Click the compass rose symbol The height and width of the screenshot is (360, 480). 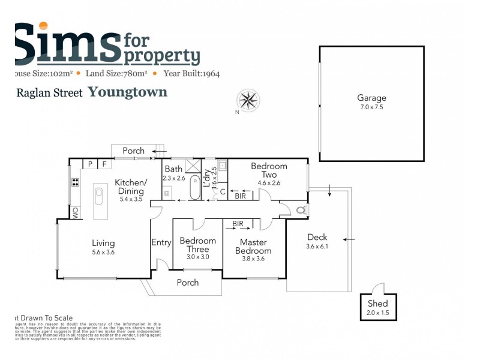click(248, 100)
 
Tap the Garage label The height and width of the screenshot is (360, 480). click(371, 98)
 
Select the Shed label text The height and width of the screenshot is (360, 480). click(378, 304)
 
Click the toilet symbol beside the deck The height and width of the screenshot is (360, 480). click(301, 210)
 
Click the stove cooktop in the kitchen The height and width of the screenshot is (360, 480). click(76, 183)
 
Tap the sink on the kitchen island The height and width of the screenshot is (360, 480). click(98, 194)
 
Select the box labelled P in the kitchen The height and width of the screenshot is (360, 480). click(89, 163)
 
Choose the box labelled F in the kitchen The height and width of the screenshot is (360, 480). click(104, 163)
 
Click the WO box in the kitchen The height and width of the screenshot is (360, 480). click(76, 212)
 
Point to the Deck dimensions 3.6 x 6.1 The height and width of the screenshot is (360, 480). click(317, 246)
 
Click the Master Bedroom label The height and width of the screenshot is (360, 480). click(253, 247)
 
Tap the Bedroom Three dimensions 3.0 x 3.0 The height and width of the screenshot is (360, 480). click(197, 257)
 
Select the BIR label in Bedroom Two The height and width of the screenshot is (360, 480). click(240, 196)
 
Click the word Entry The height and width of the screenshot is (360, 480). click(161, 242)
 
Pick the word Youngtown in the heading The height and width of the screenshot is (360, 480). click(127, 92)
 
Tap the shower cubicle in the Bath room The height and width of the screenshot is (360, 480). click(193, 166)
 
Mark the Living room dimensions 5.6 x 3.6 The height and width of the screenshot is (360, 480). click(103, 253)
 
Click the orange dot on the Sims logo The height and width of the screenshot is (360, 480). click(43, 27)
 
